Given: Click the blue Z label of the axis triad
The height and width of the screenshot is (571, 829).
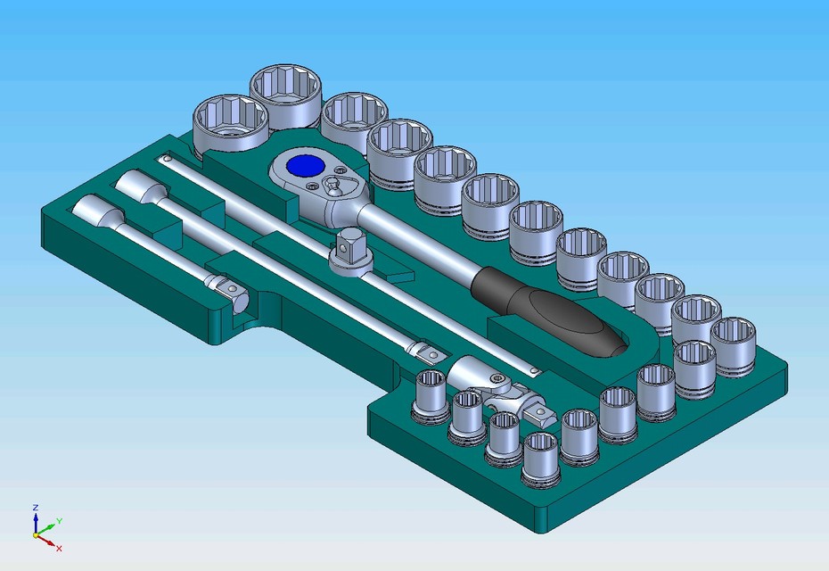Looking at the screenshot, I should pyautogui.click(x=35, y=507).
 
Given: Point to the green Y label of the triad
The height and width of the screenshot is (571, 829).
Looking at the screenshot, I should pyautogui.click(x=59, y=519).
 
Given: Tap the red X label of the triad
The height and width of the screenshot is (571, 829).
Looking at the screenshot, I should pyautogui.click(x=59, y=548).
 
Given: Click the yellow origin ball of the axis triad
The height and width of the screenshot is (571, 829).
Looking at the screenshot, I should pyautogui.click(x=37, y=535).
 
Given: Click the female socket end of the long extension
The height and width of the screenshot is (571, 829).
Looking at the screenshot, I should pyautogui.click(x=139, y=186).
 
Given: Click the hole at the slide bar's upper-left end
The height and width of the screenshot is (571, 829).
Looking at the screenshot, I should pyautogui.click(x=167, y=159).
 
